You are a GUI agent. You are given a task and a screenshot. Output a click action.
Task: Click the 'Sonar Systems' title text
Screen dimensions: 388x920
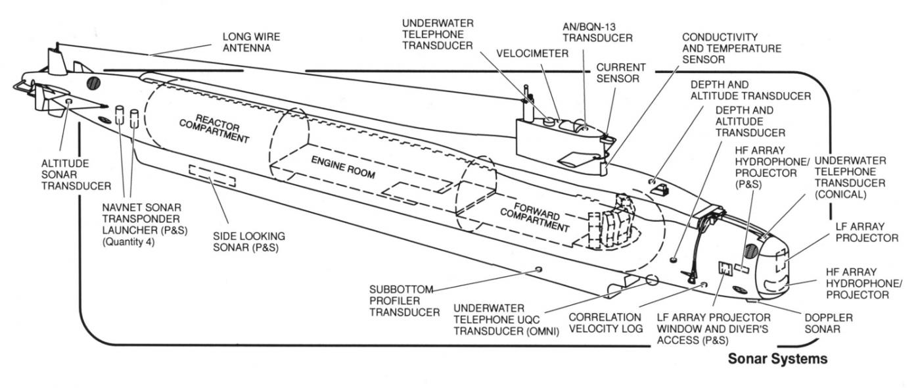[x=777, y=360]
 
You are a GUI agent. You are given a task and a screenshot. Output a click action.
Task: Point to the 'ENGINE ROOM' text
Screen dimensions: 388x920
[x=342, y=168]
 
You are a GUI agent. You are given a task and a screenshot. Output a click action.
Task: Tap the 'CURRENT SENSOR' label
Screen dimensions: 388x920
[x=621, y=72]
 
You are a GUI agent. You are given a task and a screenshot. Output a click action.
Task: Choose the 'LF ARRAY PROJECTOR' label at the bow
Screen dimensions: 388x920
[x=866, y=231]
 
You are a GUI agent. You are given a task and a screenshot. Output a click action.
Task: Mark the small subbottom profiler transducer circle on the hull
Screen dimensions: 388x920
[x=539, y=269]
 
